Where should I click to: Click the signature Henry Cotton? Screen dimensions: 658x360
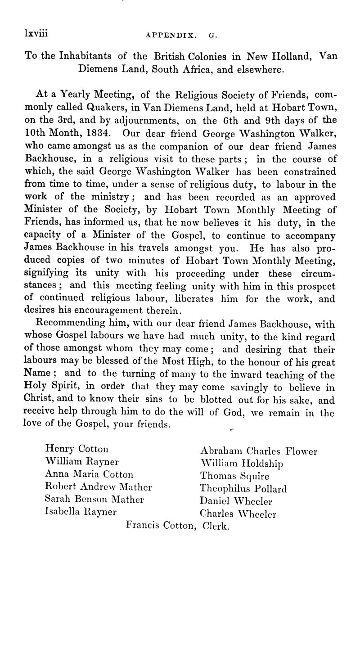(x=77, y=436)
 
